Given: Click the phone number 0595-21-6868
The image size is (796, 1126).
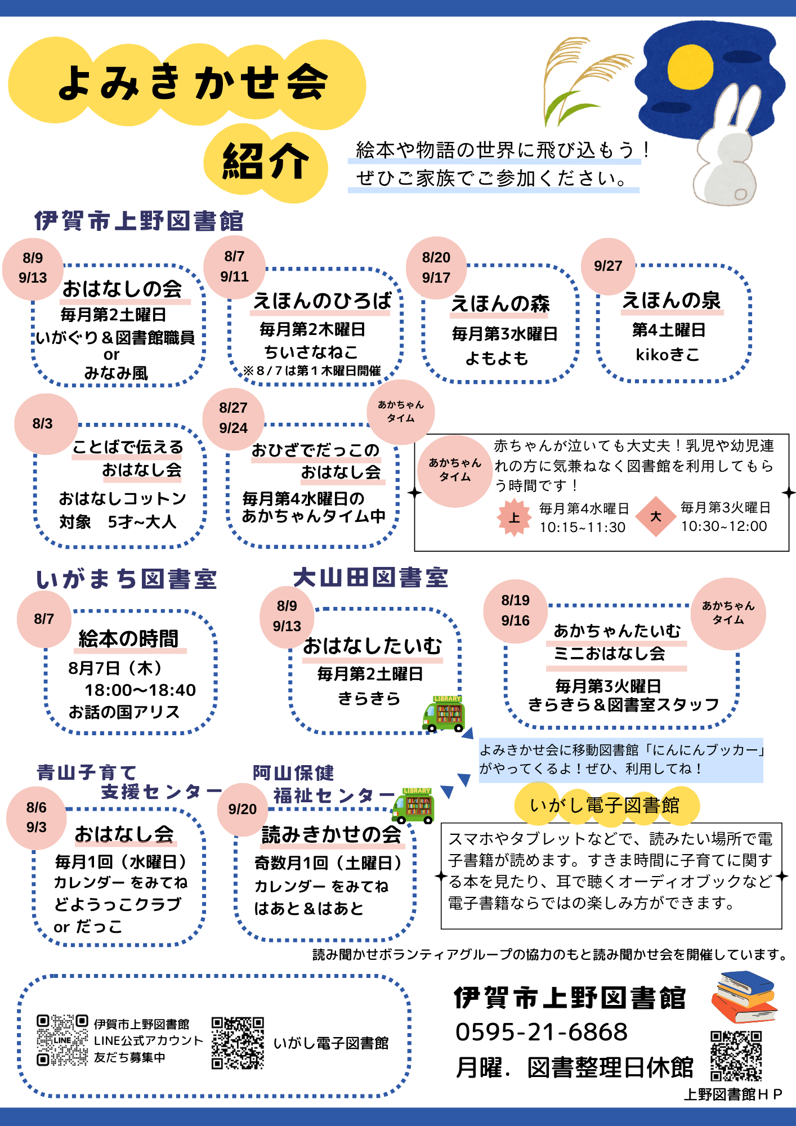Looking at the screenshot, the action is click(x=542, y=1032).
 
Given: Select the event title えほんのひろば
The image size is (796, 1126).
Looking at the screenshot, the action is click(x=322, y=301).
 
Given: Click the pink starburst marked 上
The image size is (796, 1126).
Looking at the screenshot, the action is click(x=514, y=517).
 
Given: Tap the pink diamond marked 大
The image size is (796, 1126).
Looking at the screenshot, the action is click(x=656, y=516).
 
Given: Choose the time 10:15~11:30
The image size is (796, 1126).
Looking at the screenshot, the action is click(x=583, y=528).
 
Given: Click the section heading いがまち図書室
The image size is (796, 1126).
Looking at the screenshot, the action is click(x=127, y=580).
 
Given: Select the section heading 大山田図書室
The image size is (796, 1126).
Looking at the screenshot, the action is click(x=370, y=578).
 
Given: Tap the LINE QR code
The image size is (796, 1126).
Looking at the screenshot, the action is click(x=62, y=1040).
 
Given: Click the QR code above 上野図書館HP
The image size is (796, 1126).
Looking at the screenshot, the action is click(x=736, y=1056).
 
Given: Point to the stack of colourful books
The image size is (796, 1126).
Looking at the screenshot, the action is click(x=744, y=997).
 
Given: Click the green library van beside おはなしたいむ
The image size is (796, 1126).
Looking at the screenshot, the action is click(x=444, y=714).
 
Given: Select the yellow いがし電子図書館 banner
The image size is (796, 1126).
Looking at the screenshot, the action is click(x=606, y=806).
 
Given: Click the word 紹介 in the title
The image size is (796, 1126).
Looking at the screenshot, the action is click(x=266, y=162).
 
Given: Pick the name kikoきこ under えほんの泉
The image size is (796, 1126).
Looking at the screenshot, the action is click(x=668, y=355).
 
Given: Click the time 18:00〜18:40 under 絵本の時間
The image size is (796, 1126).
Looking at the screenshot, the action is click(x=140, y=690).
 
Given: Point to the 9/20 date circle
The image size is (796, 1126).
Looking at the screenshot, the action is click(x=243, y=810).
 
